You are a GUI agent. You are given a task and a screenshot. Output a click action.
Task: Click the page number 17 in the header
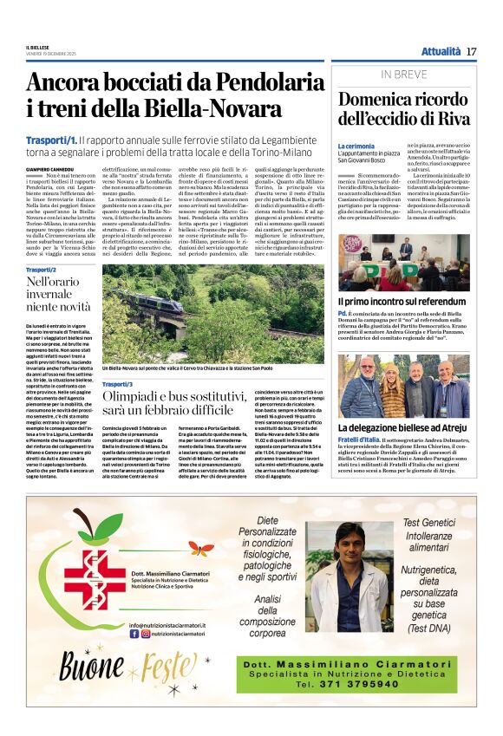(x=471, y=51)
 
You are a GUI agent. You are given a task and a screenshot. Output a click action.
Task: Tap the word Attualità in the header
(x=441, y=51)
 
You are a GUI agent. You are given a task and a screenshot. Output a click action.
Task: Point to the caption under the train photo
(x=204, y=368)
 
